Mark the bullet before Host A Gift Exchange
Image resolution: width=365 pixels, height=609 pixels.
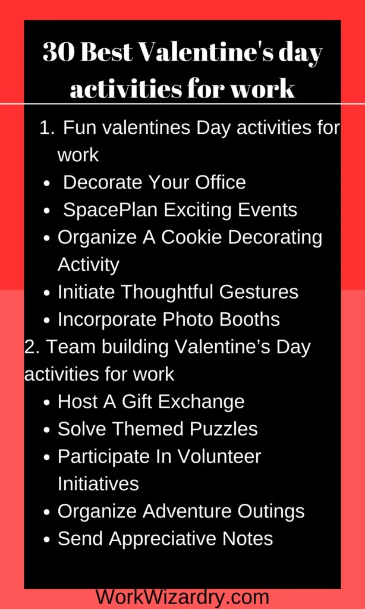[x=47, y=402]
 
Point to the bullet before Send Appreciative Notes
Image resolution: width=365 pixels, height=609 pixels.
[x=47, y=539]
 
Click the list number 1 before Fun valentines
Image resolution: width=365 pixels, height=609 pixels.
[x=45, y=127]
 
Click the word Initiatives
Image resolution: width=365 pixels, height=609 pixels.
[x=98, y=483]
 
